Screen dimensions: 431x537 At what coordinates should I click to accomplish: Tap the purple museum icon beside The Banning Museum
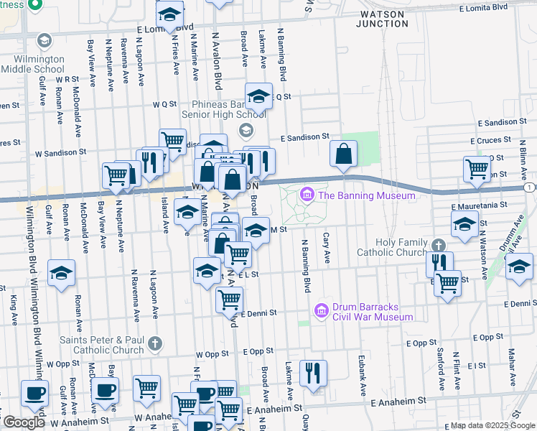(x=307, y=195)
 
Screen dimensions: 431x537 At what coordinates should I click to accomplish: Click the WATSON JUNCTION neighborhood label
(x=383, y=19)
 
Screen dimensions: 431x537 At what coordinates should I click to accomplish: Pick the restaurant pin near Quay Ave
(x=313, y=373)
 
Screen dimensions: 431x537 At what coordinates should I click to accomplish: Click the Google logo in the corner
(x=23, y=422)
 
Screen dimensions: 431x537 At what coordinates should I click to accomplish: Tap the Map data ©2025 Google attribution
(x=492, y=425)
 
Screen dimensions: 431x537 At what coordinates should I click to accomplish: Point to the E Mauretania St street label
(x=478, y=205)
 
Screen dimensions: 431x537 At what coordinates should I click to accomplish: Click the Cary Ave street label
(x=327, y=247)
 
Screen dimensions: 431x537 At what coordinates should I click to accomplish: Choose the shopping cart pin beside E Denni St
(x=229, y=300)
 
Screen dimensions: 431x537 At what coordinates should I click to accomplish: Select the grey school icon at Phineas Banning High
(x=246, y=130)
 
